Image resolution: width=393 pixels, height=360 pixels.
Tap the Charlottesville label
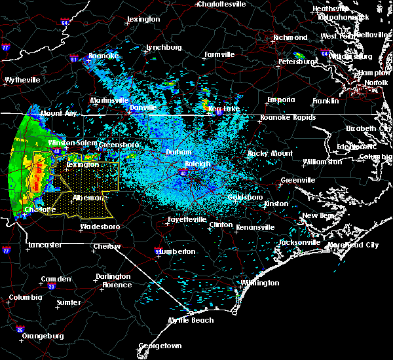(222, 4)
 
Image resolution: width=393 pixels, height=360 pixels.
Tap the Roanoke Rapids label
(288, 117)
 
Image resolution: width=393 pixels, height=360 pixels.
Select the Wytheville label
(22, 80)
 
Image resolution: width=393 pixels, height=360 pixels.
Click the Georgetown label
(160, 346)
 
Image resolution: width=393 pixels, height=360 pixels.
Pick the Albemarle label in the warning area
(90, 197)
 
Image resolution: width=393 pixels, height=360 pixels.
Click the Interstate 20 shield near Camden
(51, 287)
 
